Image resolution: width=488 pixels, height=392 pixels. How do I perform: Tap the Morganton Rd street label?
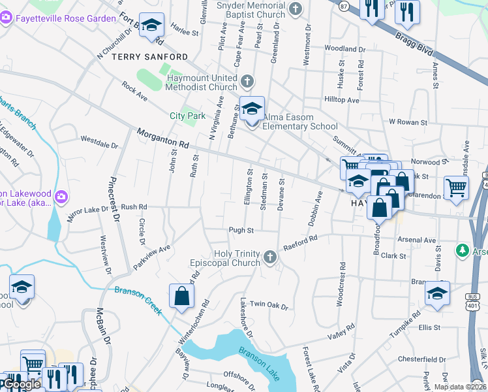click(x=162, y=137)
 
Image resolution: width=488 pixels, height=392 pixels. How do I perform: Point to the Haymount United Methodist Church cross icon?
click(x=247, y=82)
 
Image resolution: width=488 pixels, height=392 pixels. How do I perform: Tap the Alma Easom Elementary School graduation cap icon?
click(x=251, y=108)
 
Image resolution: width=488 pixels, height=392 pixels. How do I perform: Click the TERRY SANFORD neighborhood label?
click(x=150, y=57)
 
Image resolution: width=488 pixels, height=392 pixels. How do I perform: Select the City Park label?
click(x=187, y=116)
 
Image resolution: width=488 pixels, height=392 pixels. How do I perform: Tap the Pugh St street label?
click(x=240, y=230)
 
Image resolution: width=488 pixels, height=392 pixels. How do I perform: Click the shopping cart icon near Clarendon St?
click(x=456, y=187)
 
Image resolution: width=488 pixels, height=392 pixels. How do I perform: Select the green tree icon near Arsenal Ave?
click(x=463, y=250)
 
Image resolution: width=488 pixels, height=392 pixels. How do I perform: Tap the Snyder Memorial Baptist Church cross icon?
click(x=296, y=8)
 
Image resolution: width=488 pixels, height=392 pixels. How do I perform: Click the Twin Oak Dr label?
click(x=269, y=304)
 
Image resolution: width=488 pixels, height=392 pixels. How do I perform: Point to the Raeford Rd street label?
click(x=301, y=244)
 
